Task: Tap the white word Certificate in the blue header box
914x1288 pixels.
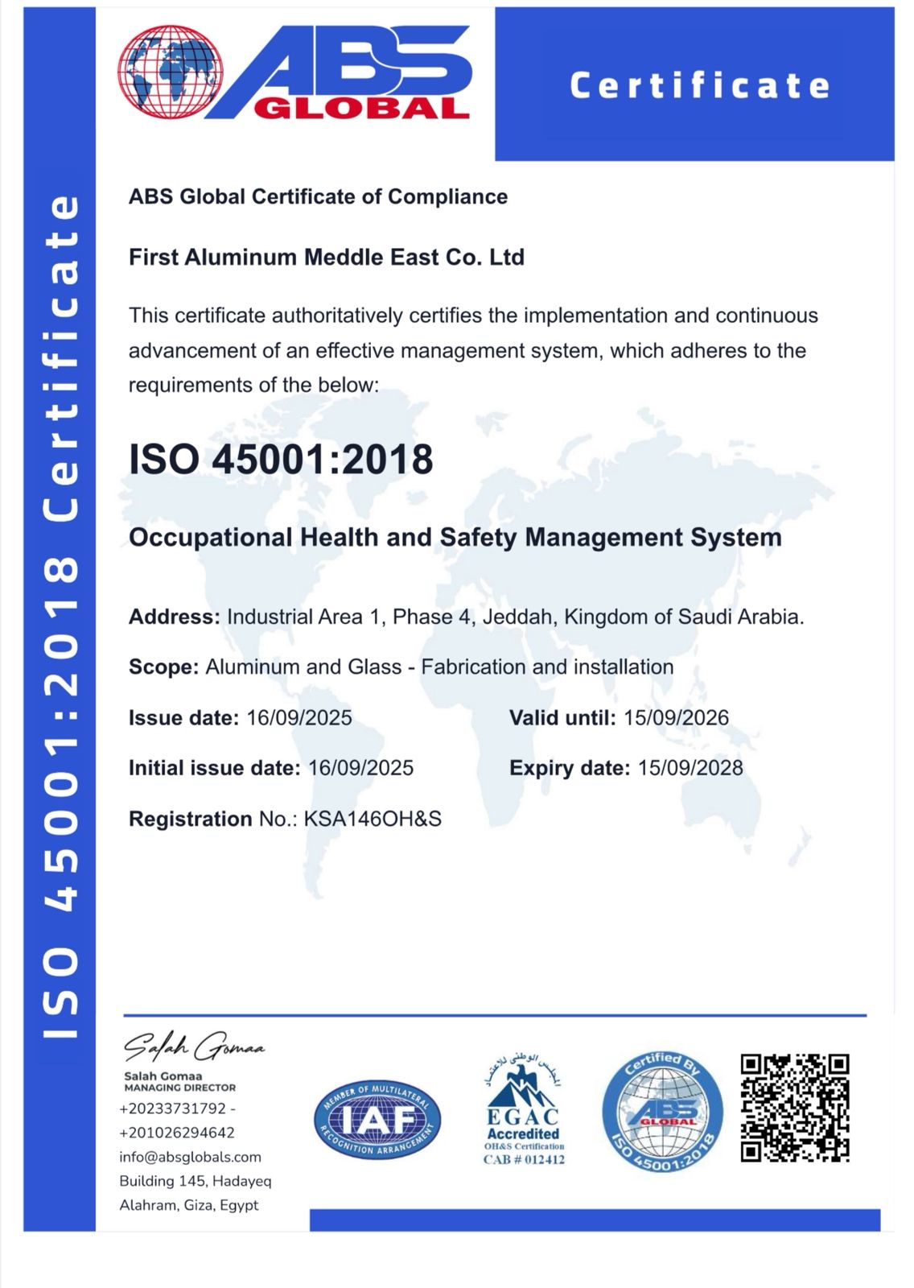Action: point(699,85)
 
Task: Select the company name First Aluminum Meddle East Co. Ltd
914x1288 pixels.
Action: point(327,258)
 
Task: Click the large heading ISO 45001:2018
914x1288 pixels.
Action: point(281,459)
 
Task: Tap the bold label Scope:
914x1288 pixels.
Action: point(163,667)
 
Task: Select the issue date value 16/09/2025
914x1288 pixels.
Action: point(299,718)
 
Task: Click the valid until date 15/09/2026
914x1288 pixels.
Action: point(676,718)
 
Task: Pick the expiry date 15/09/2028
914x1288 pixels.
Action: point(690,768)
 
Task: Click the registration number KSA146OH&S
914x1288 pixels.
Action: point(373,819)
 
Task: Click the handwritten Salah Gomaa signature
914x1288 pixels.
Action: point(193,1046)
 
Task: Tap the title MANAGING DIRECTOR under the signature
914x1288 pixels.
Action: point(179,1088)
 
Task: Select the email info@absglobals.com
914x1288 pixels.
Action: point(191,1158)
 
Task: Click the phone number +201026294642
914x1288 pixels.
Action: point(177,1133)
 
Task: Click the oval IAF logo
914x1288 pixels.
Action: point(377,1120)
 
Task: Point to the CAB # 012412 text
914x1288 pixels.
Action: point(524,1160)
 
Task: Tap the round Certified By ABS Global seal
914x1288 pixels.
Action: point(662,1113)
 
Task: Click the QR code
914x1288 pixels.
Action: point(794,1108)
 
